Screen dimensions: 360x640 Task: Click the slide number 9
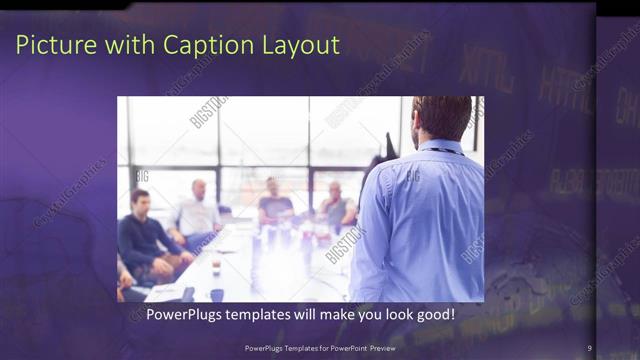(590, 348)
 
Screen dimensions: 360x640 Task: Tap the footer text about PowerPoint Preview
(319, 348)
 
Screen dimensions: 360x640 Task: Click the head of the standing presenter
(440, 117)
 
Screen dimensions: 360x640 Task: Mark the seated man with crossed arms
(336, 207)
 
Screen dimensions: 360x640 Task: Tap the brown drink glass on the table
(216, 265)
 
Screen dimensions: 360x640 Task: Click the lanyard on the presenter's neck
(444, 149)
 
